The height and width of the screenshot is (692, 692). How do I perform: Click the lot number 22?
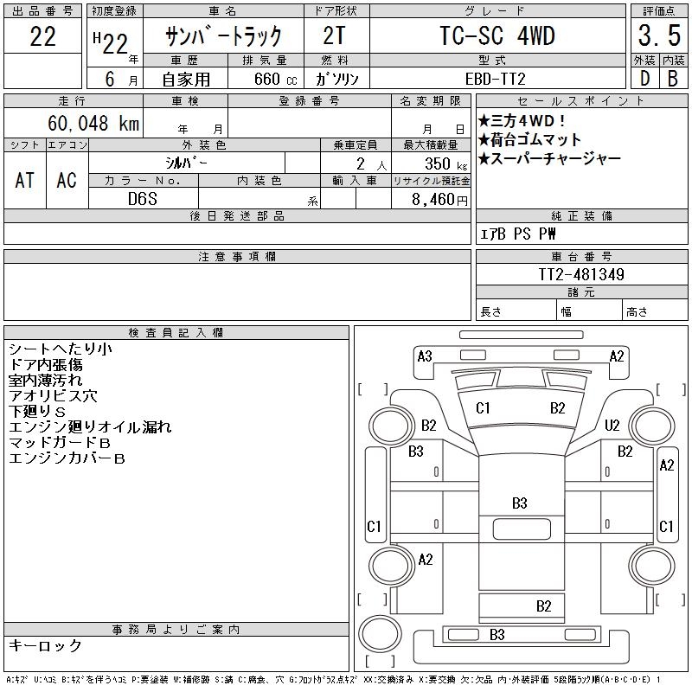click(x=43, y=36)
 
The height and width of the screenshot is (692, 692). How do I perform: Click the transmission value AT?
click(x=24, y=179)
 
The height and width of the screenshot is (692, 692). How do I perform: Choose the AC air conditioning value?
click(x=67, y=179)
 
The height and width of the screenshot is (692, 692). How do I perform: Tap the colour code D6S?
click(x=143, y=199)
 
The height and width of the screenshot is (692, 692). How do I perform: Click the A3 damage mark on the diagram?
click(x=425, y=356)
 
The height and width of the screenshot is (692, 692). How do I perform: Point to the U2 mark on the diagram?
click(x=612, y=425)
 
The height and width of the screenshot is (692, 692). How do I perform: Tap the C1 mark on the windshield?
click(x=483, y=407)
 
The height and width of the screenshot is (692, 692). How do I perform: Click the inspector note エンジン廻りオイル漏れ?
click(x=90, y=427)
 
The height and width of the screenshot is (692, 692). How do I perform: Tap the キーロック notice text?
click(x=45, y=646)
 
